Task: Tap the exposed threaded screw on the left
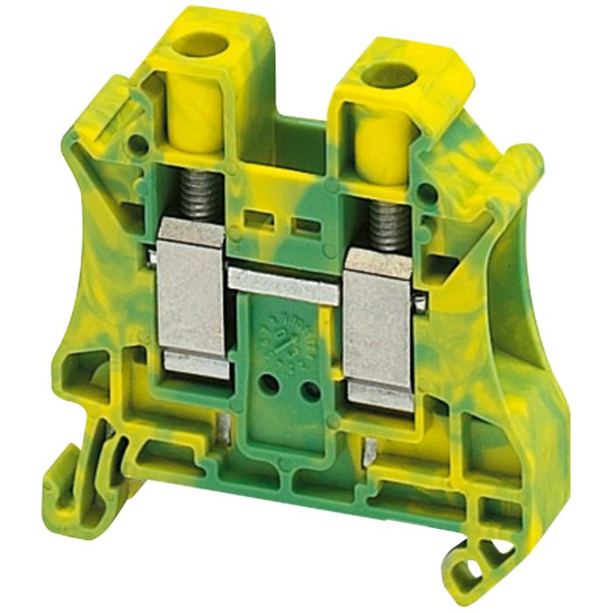coord(200,198)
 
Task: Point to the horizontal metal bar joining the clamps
coord(282,285)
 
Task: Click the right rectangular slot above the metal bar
coord(306,225)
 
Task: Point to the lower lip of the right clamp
coord(379,398)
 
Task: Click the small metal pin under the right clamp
coord(370,452)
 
